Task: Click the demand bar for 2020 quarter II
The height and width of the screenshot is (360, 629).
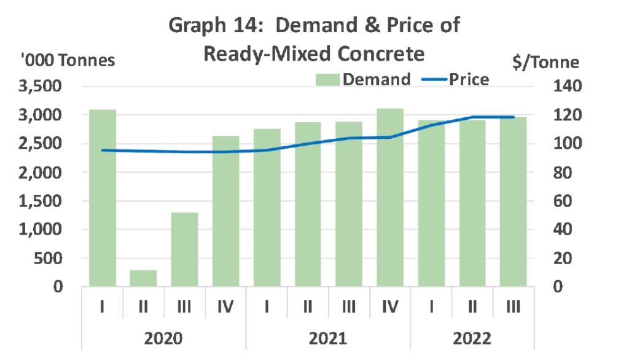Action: click(x=143, y=278)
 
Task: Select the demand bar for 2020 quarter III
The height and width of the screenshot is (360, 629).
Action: click(x=184, y=249)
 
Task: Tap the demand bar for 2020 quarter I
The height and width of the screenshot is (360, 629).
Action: click(x=103, y=198)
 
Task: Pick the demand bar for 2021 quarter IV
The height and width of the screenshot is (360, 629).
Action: click(x=390, y=197)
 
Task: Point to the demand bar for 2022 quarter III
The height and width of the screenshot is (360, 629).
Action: click(x=513, y=202)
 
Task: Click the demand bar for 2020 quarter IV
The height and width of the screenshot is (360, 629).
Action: click(x=226, y=211)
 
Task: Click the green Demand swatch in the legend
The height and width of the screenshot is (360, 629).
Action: click(x=327, y=79)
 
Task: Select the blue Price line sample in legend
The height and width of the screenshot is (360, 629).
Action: click(x=434, y=79)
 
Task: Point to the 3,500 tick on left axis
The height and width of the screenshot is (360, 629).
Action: click(x=40, y=86)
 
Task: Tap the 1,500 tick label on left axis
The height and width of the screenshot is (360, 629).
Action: click(x=40, y=201)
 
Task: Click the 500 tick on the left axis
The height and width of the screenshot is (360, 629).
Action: click(x=48, y=259)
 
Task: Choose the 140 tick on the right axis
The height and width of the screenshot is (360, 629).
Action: click(x=567, y=86)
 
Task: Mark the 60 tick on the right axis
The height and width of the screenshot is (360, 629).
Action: click(x=563, y=201)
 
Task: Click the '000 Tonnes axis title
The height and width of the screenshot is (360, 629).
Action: click(x=68, y=61)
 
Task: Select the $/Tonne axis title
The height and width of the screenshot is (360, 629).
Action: click(x=545, y=62)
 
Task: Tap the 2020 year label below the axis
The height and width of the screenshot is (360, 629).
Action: click(x=163, y=338)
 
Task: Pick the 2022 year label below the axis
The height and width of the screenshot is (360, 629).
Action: click(x=472, y=338)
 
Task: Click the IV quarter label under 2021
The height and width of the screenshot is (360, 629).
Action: click(x=390, y=307)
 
